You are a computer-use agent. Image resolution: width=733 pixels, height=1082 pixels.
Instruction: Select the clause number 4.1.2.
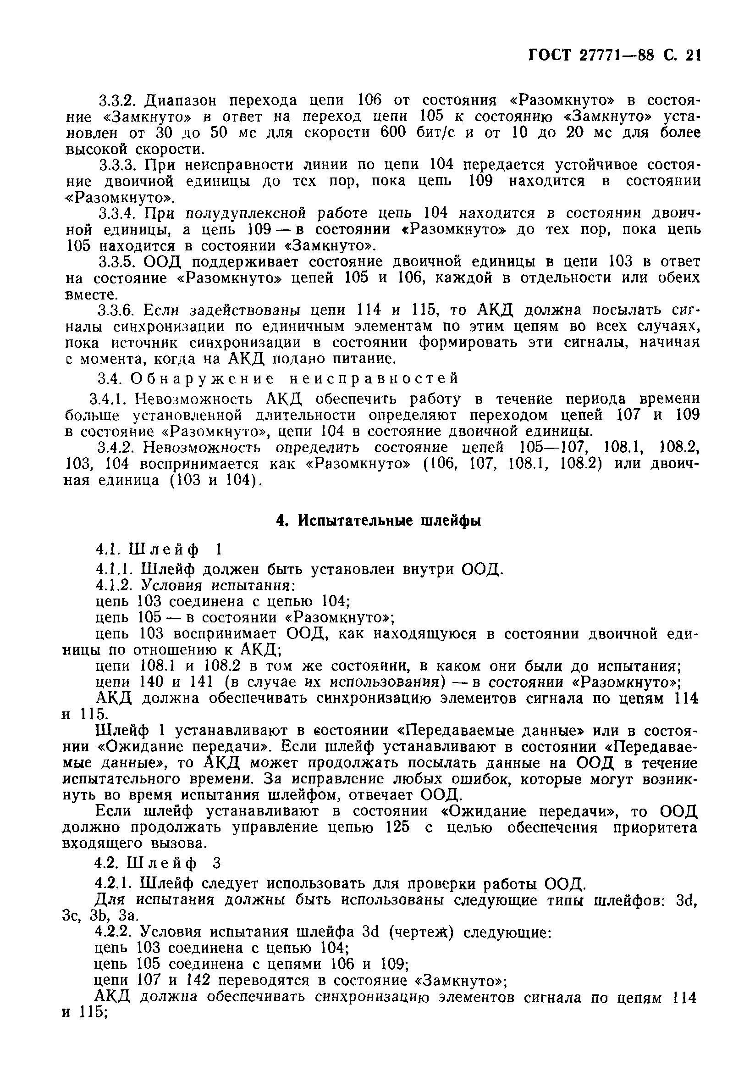(115, 585)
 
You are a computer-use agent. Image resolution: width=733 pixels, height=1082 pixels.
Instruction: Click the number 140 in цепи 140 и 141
(151, 682)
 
